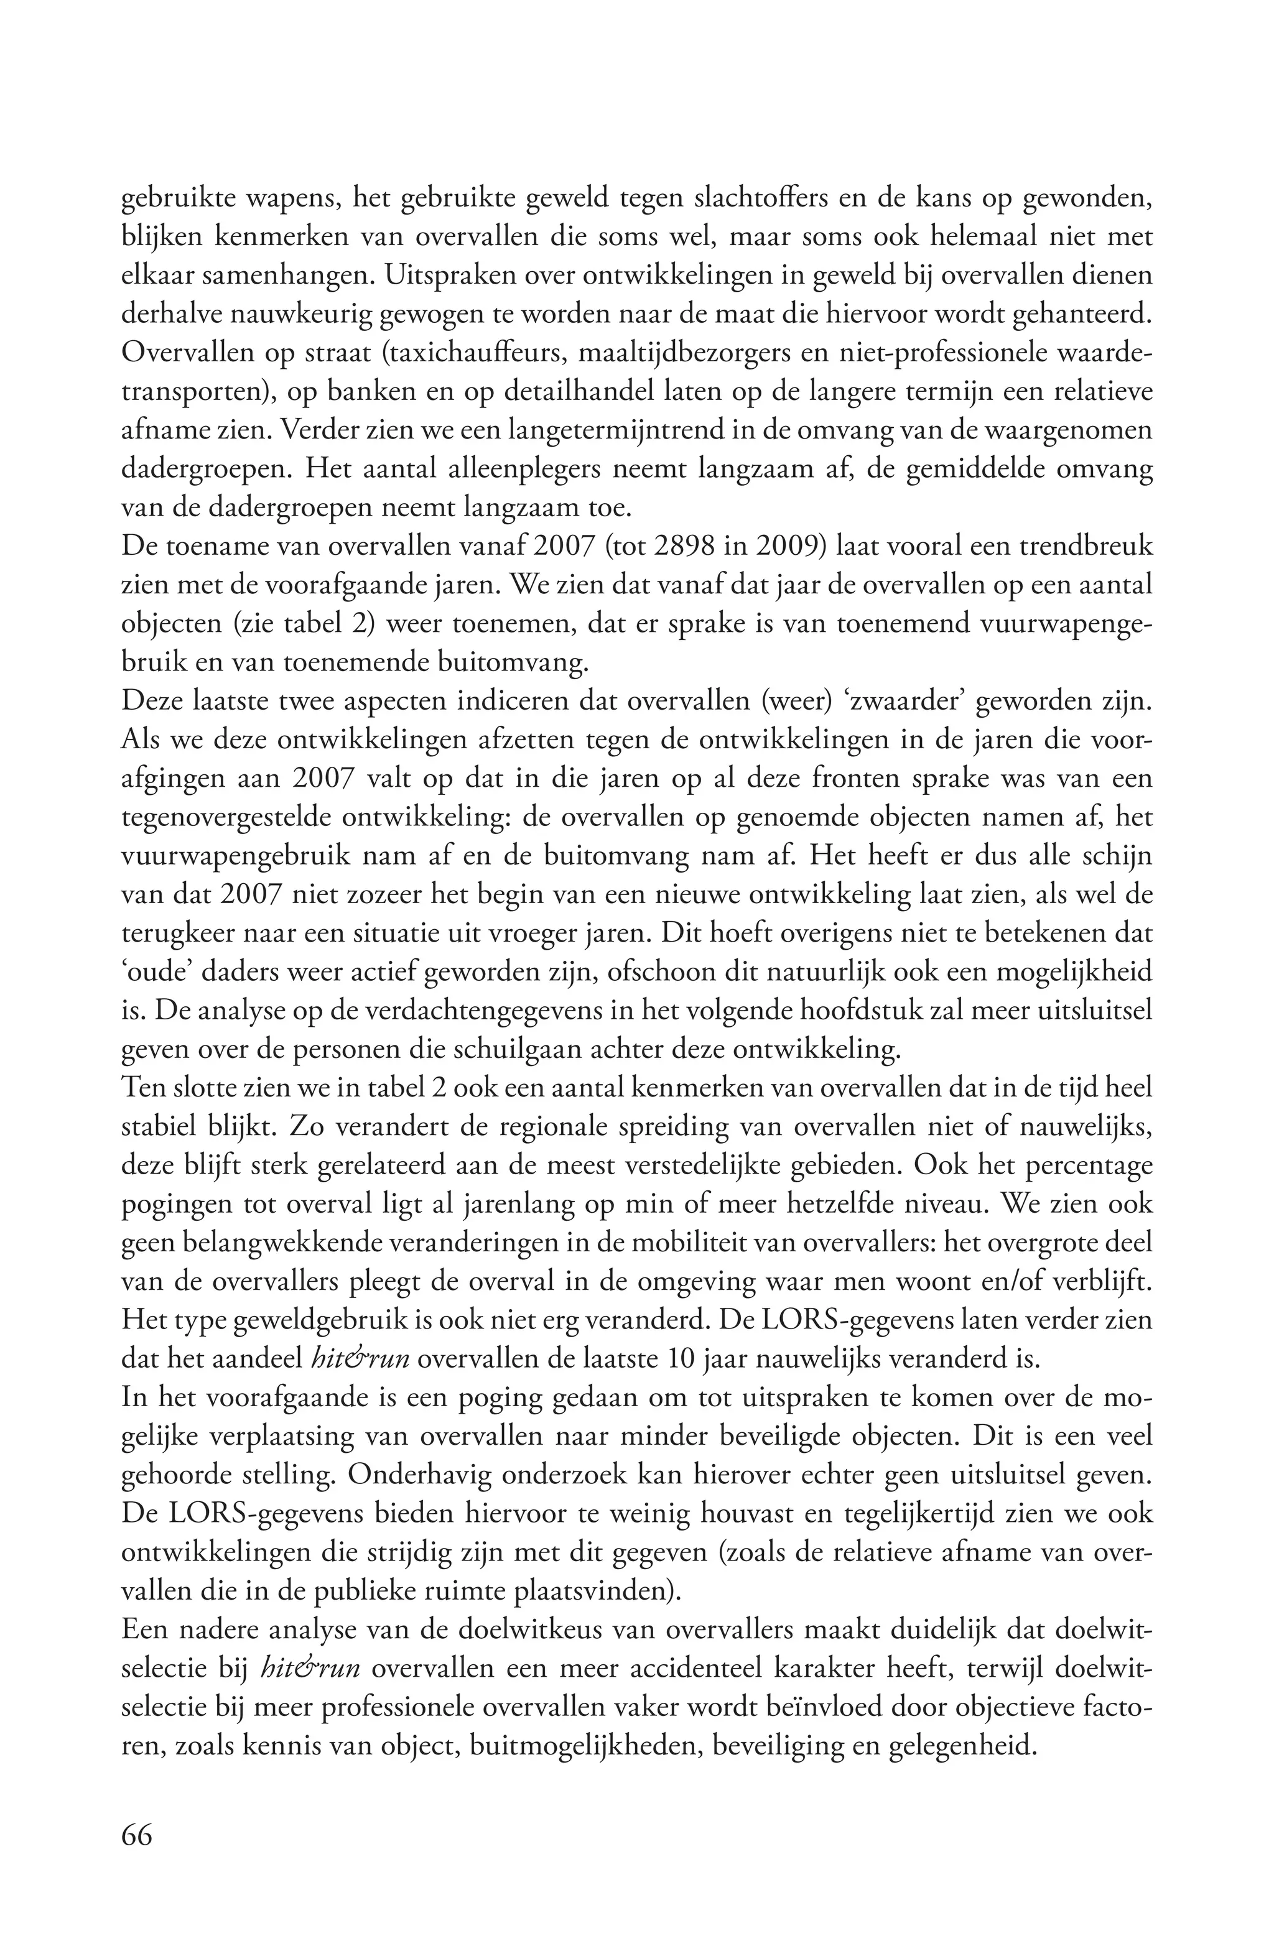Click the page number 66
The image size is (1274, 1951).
point(136,1858)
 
